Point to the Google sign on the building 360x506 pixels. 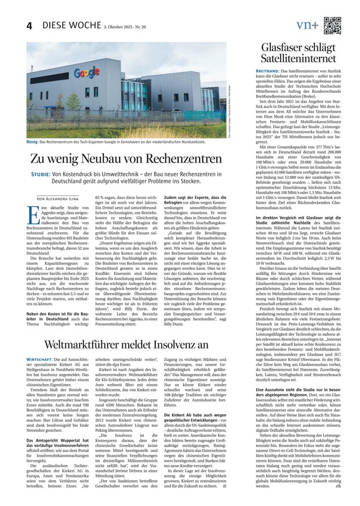88,73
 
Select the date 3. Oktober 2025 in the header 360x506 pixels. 120,27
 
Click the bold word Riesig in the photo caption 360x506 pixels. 34,141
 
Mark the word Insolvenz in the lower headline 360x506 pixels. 187,344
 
